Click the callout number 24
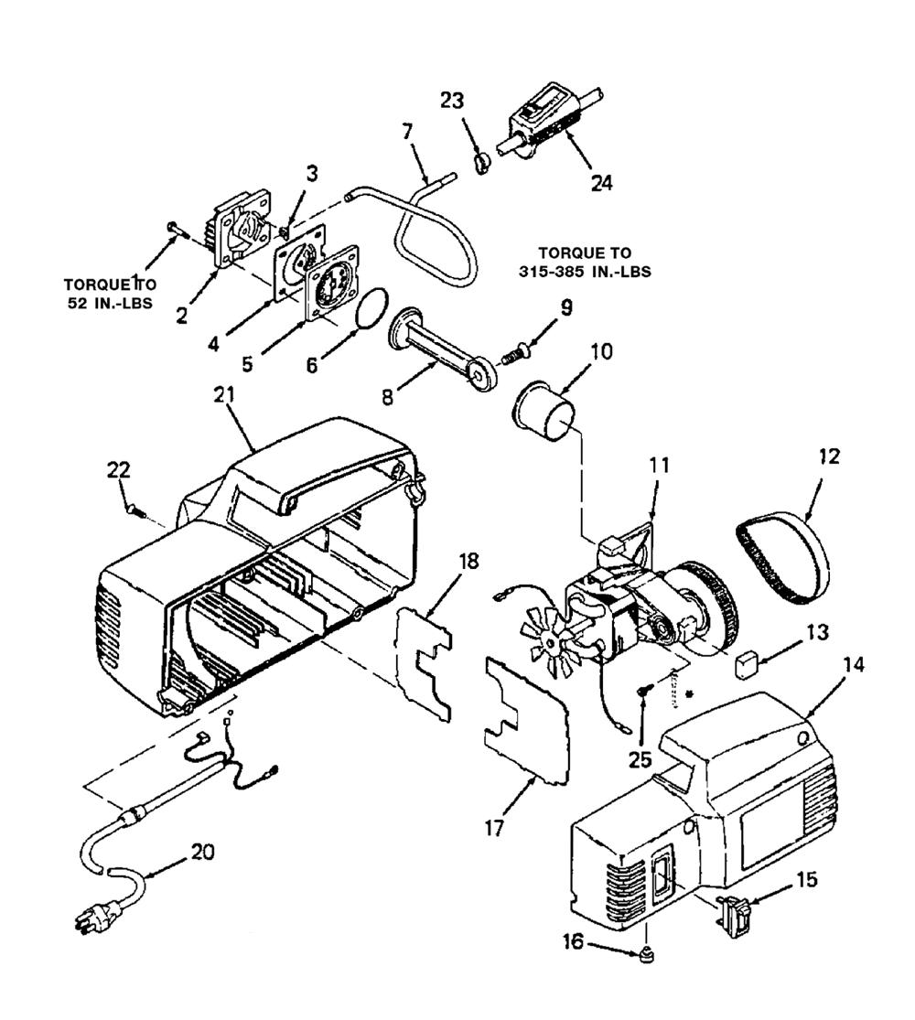click(601, 182)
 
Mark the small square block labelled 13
click(747, 663)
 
